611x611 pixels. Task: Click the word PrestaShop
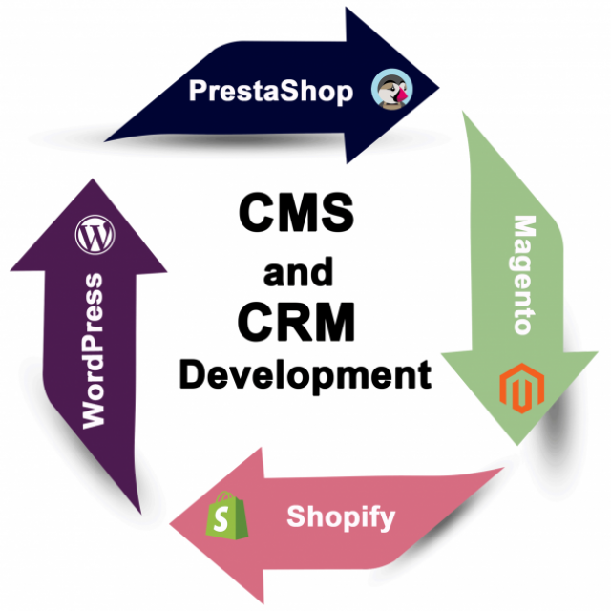[x=270, y=91]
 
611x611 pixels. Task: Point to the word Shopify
[x=341, y=517]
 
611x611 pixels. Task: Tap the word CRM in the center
[x=297, y=322]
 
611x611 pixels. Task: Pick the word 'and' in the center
[x=298, y=272]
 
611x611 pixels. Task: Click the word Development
[x=305, y=373]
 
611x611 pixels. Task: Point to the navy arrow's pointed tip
[x=438, y=89]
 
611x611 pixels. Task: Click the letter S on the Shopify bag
[x=225, y=520]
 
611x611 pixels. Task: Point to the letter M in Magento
[x=523, y=229]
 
